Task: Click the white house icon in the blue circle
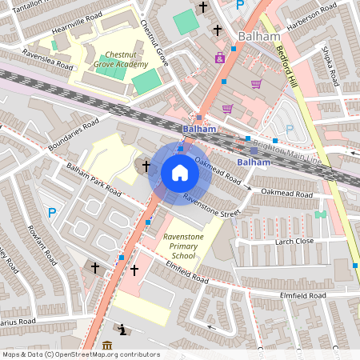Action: [180, 173]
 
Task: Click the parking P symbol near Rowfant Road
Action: [52, 212]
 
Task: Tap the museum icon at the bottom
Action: [107, 346]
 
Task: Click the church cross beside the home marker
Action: [146, 166]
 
